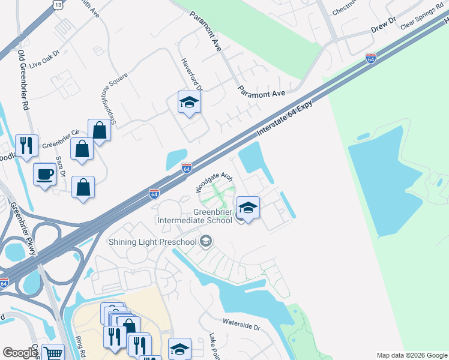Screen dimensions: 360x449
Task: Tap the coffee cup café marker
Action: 45,175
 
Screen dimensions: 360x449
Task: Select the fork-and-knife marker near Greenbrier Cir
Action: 26,146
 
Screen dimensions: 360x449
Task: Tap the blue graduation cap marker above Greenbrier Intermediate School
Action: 247,208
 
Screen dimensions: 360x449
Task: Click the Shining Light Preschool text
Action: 152,242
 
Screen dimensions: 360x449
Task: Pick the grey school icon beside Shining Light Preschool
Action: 206,241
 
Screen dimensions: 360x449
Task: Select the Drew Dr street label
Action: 384,24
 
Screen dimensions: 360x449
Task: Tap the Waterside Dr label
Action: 241,324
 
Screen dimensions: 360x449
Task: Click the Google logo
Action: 20,353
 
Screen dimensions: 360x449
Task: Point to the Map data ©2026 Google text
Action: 411,355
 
